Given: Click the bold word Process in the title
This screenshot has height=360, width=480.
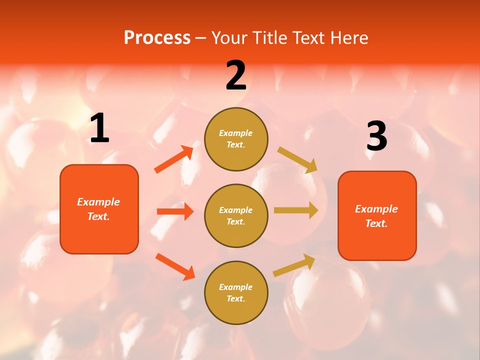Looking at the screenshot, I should click(x=157, y=37).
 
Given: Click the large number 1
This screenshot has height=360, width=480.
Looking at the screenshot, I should click(x=99, y=128).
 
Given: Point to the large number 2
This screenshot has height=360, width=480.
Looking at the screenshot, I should click(x=236, y=75).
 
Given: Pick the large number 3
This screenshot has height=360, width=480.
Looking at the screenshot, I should click(x=376, y=136).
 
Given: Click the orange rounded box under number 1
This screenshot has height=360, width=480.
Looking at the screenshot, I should click(x=99, y=209).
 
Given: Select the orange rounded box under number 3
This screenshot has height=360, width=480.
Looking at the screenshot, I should click(x=377, y=216).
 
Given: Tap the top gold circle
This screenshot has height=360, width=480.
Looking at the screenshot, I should click(x=236, y=139).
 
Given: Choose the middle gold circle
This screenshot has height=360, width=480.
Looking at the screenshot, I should click(x=236, y=216).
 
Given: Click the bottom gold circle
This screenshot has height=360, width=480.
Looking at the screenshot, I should click(x=236, y=293).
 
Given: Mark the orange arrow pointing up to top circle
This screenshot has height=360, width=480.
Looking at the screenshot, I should click(x=174, y=159).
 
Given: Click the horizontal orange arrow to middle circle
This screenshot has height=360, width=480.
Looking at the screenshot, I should click(x=175, y=211).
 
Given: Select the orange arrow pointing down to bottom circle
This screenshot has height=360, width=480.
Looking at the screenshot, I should click(x=175, y=266).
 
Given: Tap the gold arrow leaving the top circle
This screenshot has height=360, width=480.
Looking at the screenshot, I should click(x=297, y=160).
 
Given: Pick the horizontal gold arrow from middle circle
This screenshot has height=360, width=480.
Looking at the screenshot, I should click(x=296, y=210).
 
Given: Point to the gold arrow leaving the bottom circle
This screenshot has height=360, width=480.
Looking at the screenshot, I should click(x=294, y=265).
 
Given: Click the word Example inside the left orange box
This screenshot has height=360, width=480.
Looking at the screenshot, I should click(x=98, y=202).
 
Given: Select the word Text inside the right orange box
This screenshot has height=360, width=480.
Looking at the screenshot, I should click(x=376, y=223).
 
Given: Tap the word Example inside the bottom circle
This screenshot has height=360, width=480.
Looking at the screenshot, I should click(x=235, y=287).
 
